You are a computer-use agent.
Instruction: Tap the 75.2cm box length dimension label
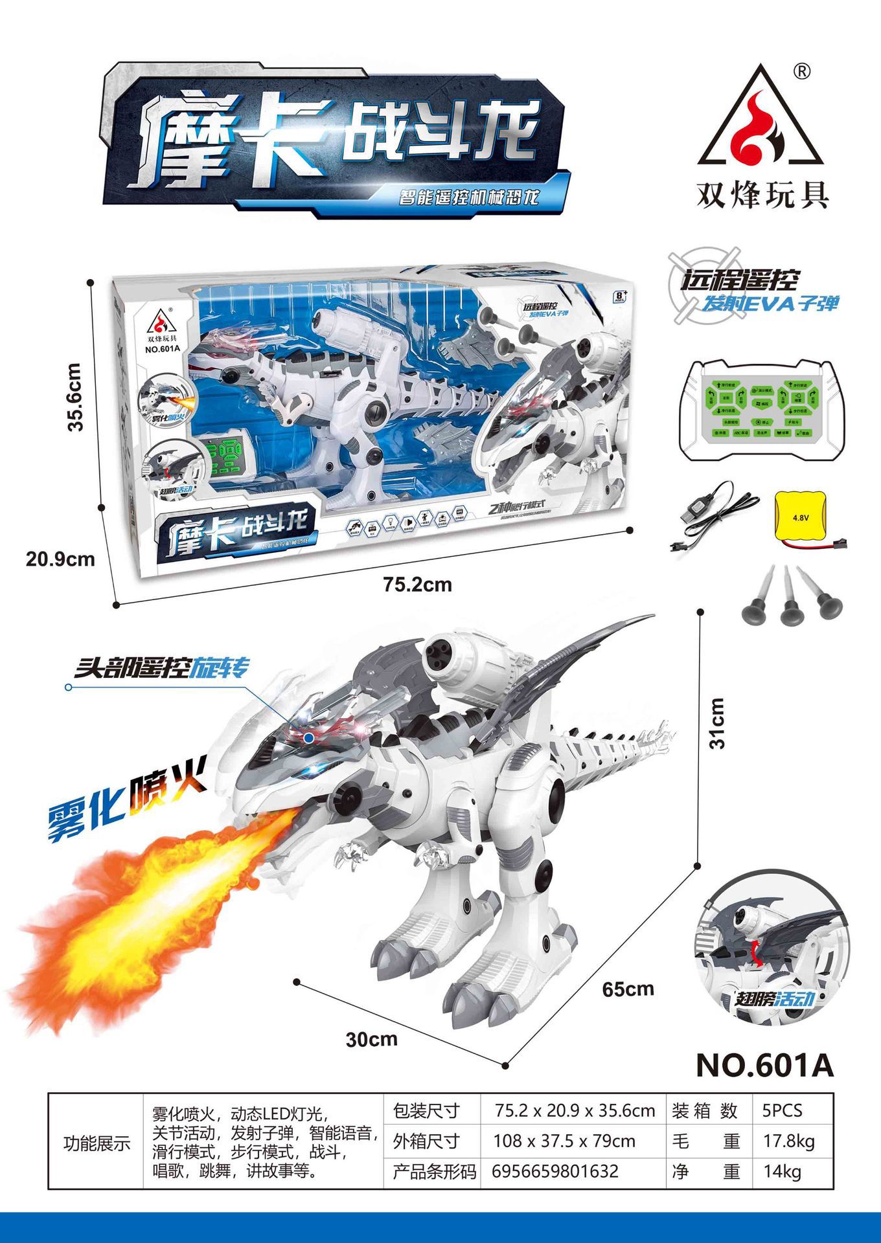[417, 585]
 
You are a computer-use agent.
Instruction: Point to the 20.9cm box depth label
[60, 559]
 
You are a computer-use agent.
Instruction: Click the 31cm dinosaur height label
[717, 723]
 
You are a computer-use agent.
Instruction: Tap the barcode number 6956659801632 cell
[555, 1170]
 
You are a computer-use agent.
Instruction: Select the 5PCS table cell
[783, 1111]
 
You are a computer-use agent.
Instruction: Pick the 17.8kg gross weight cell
[789, 1141]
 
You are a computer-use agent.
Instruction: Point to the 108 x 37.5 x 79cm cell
[564, 1141]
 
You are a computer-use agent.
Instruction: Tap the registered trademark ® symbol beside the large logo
[801, 71]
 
